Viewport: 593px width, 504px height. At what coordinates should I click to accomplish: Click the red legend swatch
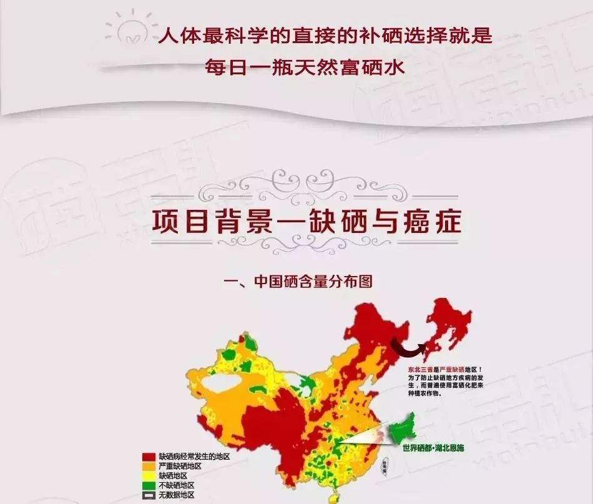(149, 457)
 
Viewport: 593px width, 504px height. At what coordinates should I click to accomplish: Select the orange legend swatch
(149, 466)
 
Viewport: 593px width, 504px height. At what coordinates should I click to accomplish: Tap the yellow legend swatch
(149, 476)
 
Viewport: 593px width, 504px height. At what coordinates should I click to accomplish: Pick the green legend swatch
(149, 485)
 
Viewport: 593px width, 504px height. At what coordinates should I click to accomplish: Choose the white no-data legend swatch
(149, 495)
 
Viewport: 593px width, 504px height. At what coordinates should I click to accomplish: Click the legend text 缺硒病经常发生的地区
(194, 457)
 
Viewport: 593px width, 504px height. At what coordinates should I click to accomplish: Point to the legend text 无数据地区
(177, 495)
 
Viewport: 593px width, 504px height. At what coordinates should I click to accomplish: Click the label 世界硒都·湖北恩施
(434, 448)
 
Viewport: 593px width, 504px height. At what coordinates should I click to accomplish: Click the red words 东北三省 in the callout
(419, 370)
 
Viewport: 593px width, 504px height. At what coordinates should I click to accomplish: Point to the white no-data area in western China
(212, 383)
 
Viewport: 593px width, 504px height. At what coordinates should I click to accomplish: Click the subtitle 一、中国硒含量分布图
(298, 281)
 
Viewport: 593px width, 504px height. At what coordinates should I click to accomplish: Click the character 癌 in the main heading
(403, 221)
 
